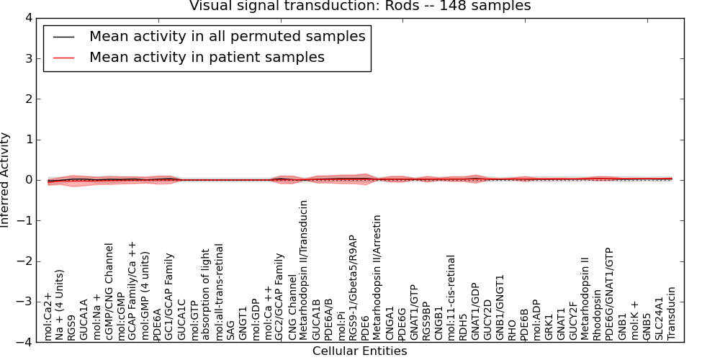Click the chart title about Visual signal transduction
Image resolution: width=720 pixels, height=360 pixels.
click(x=360, y=6)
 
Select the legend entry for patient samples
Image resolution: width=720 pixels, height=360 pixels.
click(x=207, y=57)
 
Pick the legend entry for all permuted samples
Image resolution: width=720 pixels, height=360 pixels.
click(x=227, y=36)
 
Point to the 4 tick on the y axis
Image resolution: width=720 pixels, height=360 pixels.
click(x=27, y=18)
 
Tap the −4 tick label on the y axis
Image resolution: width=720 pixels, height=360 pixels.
click(x=24, y=343)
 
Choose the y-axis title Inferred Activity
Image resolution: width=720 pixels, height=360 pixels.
click(x=6, y=180)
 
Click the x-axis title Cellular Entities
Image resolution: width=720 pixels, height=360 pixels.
click(x=359, y=351)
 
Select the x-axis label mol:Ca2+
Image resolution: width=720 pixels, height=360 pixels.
click(x=49, y=316)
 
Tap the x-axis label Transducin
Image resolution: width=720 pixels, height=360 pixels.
click(x=672, y=313)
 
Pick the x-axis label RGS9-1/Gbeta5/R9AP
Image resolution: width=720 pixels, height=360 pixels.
click(x=353, y=287)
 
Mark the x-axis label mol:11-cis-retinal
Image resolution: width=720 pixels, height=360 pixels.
click(x=451, y=297)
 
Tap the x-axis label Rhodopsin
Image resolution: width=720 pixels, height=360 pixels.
click(x=598, y=315)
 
